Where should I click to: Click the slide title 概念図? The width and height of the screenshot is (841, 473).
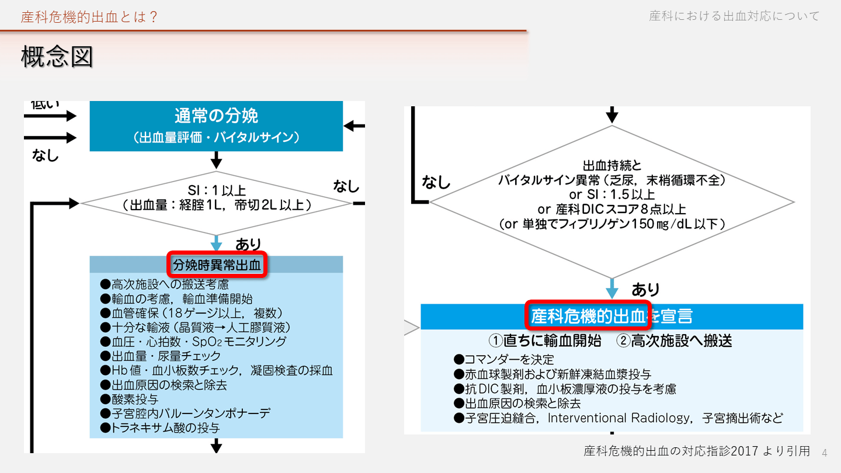pyautogui.click(x=57, y=57)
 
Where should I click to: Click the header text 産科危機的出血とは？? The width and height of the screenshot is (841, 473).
pyautogui.click(x=89, y=17)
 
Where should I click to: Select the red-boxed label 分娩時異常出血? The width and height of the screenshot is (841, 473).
pyautogui.click(x=217, y=265)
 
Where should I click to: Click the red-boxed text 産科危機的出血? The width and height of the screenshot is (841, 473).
pyautogui.click(x=588, y=316)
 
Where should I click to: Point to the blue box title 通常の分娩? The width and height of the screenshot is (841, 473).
pyautogui.click(x=216, y=116)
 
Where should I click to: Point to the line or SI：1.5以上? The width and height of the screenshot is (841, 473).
pyautogui.click(x=611, y=194)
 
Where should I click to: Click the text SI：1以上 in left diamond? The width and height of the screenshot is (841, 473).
pyautogui.click(x=216, y=190)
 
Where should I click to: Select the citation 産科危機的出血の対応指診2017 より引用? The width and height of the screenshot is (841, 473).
pyautogui.click(x=697, y=451)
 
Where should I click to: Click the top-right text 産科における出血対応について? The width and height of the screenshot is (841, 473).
pyautogui.click(x=734, y=16)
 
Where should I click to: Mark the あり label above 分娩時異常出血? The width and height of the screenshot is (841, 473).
pyautogui.click(x=248, y=244)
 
